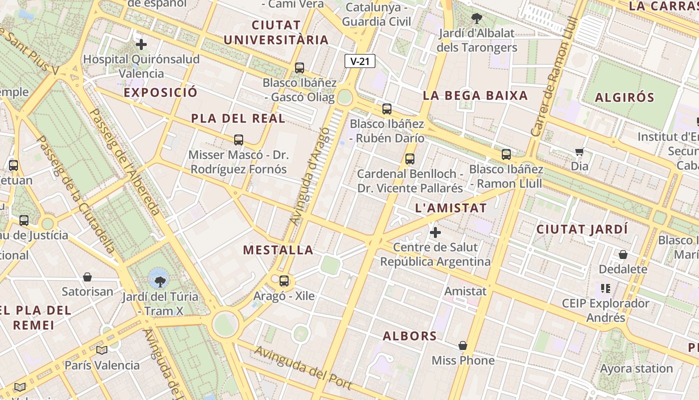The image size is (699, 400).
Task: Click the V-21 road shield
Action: point(359,61)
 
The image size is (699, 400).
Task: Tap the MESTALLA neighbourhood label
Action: point(278,250)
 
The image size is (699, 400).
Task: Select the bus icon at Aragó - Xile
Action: point(284,281)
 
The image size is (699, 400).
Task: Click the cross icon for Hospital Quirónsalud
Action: point(141,44)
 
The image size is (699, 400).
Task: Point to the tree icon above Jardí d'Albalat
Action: point(477,18)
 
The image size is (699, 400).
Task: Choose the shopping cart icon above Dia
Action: point(579,151)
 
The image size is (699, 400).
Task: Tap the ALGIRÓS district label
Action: point(624,97)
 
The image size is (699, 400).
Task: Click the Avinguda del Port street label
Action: point(303,368)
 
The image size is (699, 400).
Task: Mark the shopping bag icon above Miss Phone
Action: point(463,345)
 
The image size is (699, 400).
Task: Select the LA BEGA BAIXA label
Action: point(475,95)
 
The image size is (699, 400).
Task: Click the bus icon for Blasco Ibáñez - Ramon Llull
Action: point(506,154)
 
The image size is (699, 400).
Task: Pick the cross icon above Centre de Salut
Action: point(435,232)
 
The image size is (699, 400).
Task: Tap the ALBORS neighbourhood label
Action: point(409,336)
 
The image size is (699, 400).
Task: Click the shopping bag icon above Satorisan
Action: point(87,277)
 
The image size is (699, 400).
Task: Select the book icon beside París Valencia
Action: point(102,350)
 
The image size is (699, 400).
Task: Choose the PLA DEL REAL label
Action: point(238,118)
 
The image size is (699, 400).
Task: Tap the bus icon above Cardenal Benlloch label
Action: point(410,159)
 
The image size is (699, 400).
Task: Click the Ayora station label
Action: point(636,369)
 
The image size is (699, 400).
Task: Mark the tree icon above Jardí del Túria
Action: point(160,281)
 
